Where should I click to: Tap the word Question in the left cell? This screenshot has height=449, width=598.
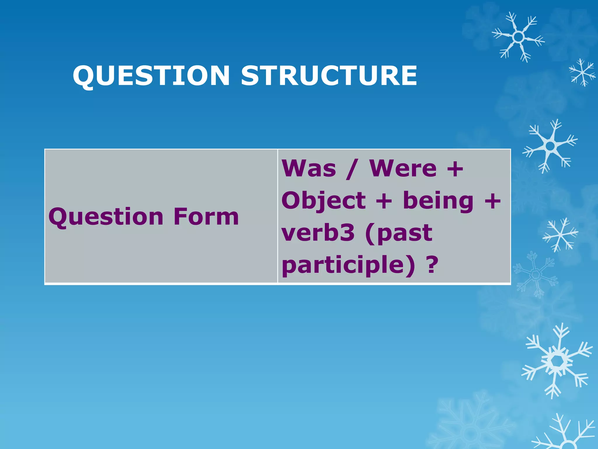click(x=106, y=217)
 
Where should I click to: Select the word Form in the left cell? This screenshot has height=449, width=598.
click(x=206, y=217)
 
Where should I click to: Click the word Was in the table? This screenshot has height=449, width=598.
click(x=309, y=169)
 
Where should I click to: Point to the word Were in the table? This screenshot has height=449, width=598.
click(x=403, y=169)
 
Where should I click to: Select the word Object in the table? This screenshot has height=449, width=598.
click(x=324, y=201)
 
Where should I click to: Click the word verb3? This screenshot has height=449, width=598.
click(x=318, y=233)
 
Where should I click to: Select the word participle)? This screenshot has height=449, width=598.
click(x=348, y=265)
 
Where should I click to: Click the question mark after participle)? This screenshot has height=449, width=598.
click(x=433, y=265)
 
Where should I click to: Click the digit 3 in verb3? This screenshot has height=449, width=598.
click(x=346, y=233)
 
